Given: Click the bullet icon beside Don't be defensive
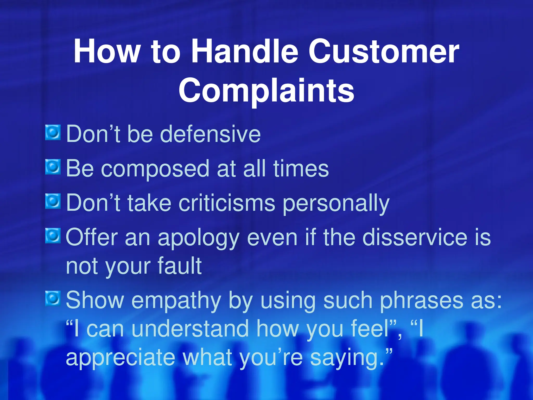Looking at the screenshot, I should pyautogui.click(x=53, y=133).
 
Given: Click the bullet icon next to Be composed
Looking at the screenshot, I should pyautogui.click(x=53, y=167).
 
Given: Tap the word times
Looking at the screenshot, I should pyautogui.click(x=301, y=168).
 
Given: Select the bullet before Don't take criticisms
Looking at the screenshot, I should pyautogui.click(x=53, y=201).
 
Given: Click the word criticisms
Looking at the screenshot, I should pyautogui.click(x=227, y=203).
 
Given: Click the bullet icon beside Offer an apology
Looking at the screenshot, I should pyautogui.click(x=53, y=236).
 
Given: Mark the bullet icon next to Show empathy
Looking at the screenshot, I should pyautogui.click(x=53, y=298).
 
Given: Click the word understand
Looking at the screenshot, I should pyautogui.click(x=191, y=329).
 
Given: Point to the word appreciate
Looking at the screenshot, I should pyautogui.click(x=120, y=358).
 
